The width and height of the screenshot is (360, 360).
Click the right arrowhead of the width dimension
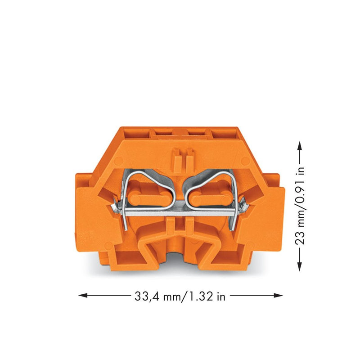[x=278, y=295]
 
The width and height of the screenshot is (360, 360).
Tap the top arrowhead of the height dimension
[x=299, y=145]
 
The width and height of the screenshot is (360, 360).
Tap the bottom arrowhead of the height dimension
[x=299, y=267]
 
